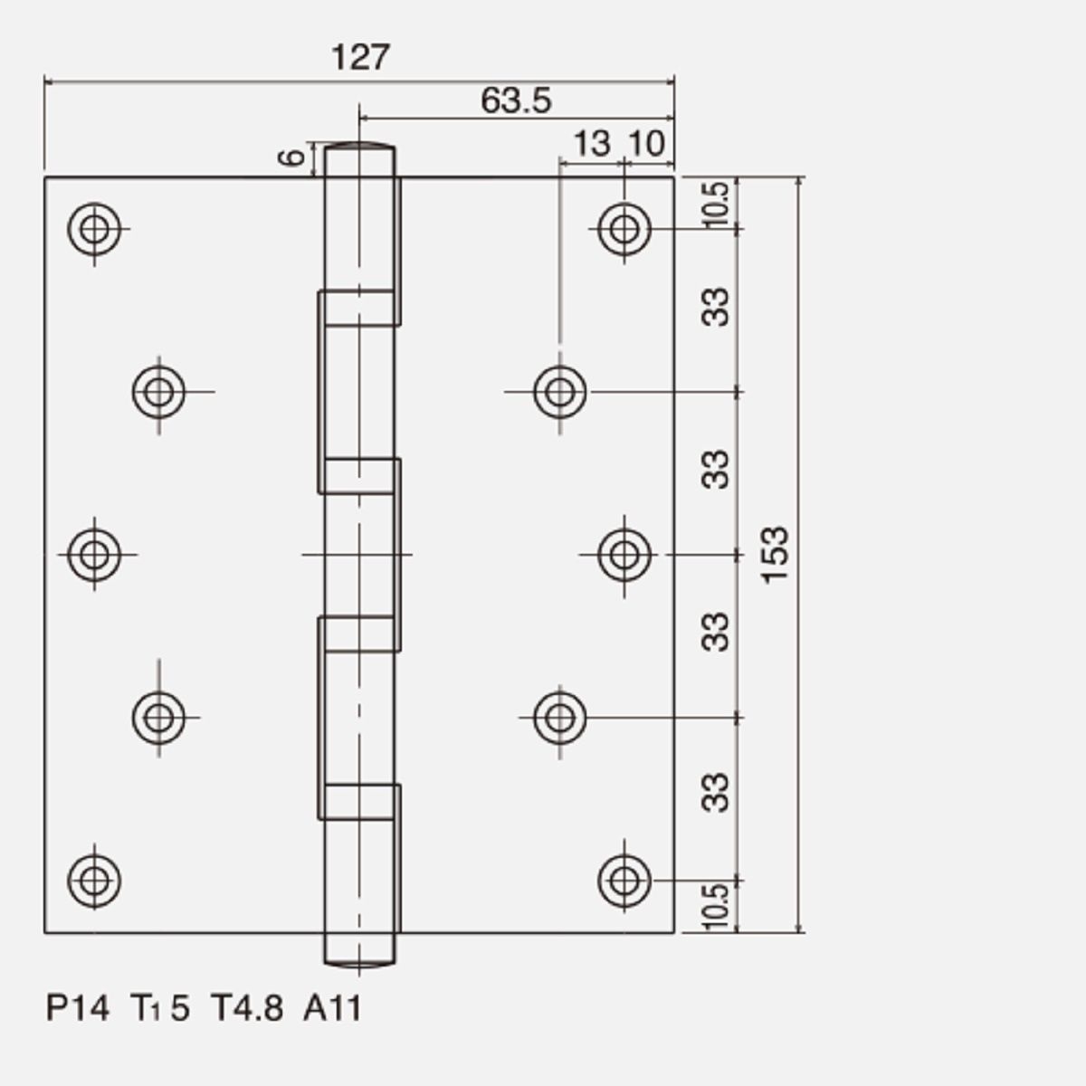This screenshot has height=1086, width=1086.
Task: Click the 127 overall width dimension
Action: pos(360,57)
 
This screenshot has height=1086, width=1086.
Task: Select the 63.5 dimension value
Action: pos(516,100)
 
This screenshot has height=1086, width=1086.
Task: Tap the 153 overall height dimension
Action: pos(775,555)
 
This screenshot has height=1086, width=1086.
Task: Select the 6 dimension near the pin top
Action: pos(292,157)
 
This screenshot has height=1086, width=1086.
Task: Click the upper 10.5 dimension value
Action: pos(717,204)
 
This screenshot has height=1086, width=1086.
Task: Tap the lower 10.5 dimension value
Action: pos(717,907)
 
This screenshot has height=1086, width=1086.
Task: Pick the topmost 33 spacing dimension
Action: pos(715,307)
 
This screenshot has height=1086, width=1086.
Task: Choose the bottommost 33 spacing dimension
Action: pos(715,793)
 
